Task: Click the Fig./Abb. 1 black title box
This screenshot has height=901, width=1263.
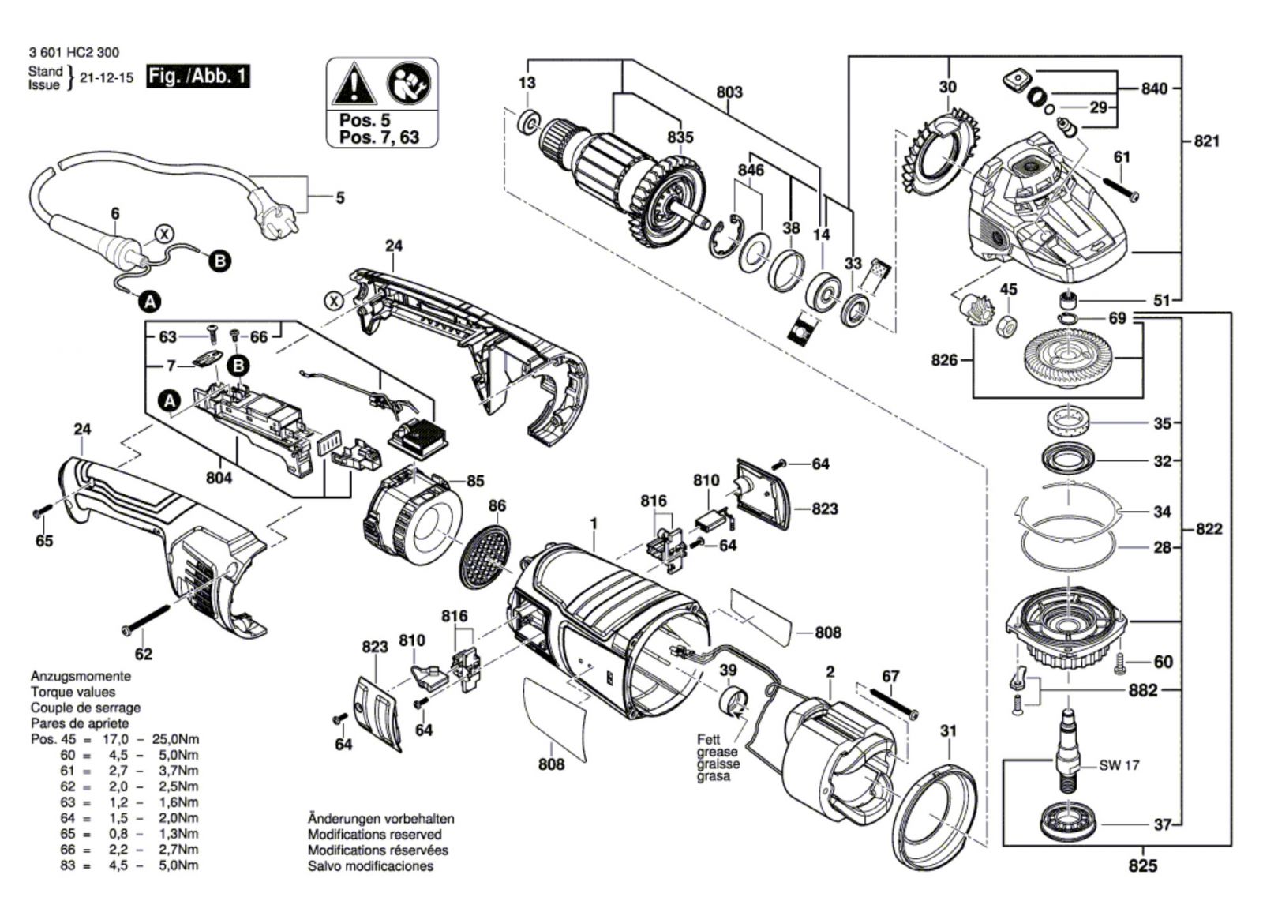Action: [x=198, y=77]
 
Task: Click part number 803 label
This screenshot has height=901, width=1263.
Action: [x=729, y=92]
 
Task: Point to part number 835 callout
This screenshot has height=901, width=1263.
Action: [x=680, y=137]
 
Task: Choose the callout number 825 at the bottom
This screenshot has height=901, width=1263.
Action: [x=1142, y=866]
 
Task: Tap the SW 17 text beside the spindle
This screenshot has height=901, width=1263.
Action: [x=1119, y=765]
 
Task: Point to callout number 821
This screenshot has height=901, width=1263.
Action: [x=1206, y=141]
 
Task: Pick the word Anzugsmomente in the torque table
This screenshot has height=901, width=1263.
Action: [x=81, y=677]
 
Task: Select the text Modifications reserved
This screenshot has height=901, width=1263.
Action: [x=374, y=835]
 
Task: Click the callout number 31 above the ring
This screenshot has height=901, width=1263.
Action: [x=948, y=731]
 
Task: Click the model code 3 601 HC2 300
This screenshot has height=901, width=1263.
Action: [x=74, y=53]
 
